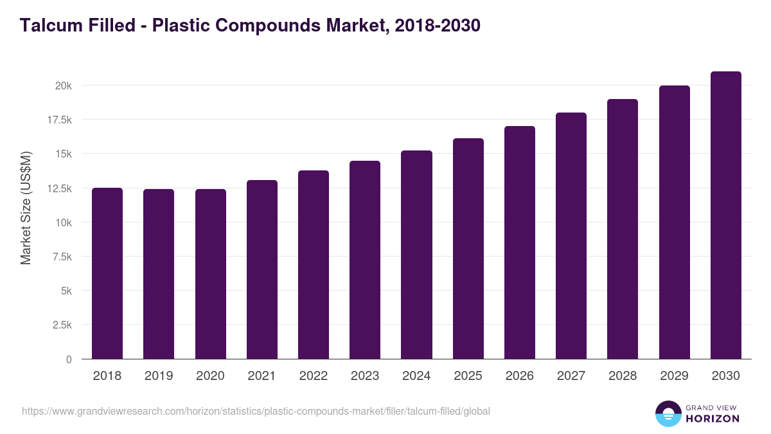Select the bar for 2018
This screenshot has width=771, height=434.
coord(107,273)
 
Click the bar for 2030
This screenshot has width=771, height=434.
coord(725,215)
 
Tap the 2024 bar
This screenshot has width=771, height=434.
coord(416,255)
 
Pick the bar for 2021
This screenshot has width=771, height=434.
coord(262,269)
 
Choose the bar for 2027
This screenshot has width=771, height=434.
coord(571,236)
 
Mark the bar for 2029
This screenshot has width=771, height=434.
coord(674,222)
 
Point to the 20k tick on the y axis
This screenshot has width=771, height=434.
coord(62,86)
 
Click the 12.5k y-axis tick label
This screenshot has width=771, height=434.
coord(58,188)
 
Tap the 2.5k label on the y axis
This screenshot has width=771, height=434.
coord(62,325)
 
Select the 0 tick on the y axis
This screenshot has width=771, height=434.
coord(68,359)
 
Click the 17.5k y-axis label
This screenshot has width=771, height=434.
coord(58,120)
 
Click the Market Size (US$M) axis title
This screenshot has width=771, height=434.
coord(26,208)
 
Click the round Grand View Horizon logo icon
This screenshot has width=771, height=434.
coord(668,414)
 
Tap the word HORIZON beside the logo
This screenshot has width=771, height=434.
coord(713,419)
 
